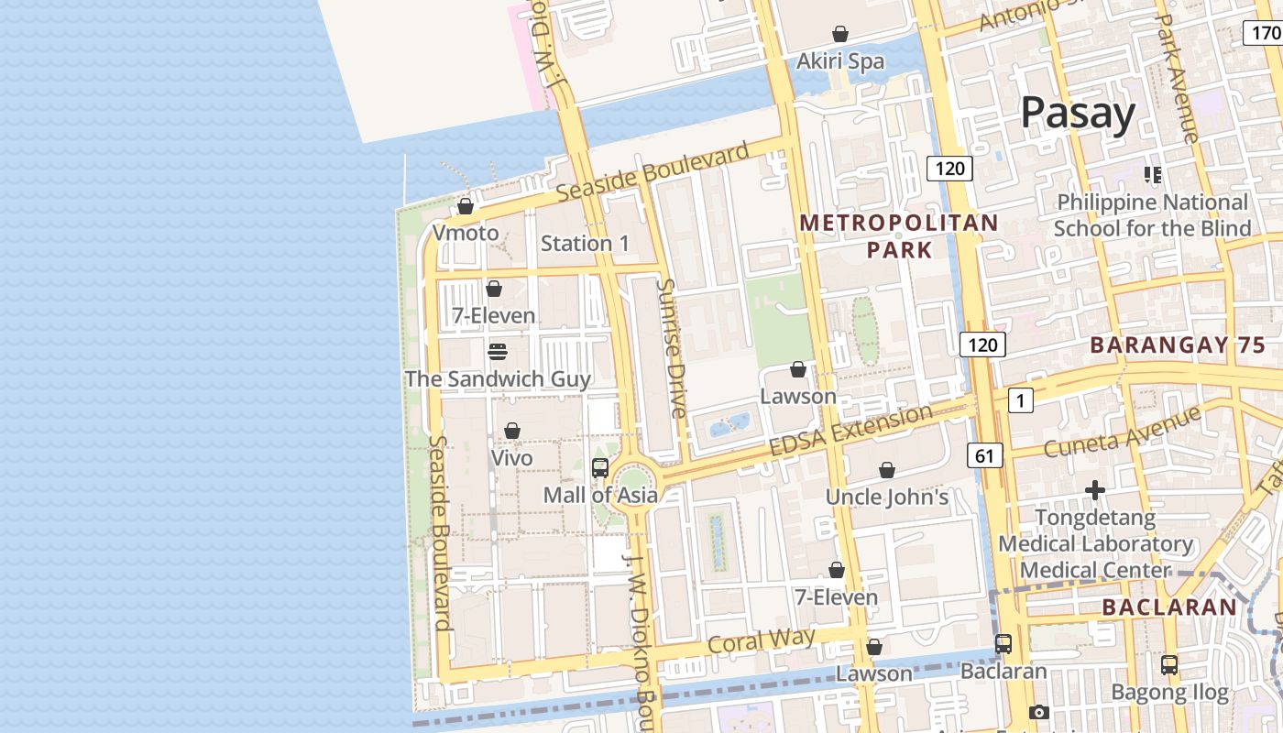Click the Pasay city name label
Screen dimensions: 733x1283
point(1078,113)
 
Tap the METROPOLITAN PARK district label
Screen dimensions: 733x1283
point(899,236)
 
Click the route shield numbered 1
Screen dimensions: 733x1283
point(1020,400)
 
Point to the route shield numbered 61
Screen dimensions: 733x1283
point(984,455)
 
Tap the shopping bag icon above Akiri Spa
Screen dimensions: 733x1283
point(839,35)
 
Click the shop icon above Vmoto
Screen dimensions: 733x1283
point(466,207)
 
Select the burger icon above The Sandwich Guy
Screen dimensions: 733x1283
point(498,352)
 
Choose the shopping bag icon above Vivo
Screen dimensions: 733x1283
point(512,432)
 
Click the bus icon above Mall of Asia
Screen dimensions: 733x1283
point(600,468)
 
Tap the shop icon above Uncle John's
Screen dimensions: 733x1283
point(887,471)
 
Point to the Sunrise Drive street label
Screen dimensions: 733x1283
point(672,348)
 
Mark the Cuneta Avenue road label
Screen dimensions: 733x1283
point(1122,432)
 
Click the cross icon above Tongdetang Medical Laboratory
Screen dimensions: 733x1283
point(1095,491)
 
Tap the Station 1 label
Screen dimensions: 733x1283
point(585,244)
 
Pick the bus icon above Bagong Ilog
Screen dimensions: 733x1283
point(1169,665)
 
